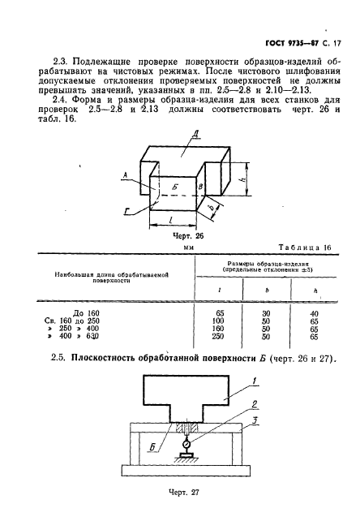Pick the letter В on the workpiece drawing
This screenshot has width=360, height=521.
tap(199, 187)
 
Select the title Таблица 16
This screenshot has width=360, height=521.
tap(304, 247)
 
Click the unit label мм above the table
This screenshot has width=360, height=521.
tap(188, 248)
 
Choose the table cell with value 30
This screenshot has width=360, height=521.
tap(264, 312)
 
